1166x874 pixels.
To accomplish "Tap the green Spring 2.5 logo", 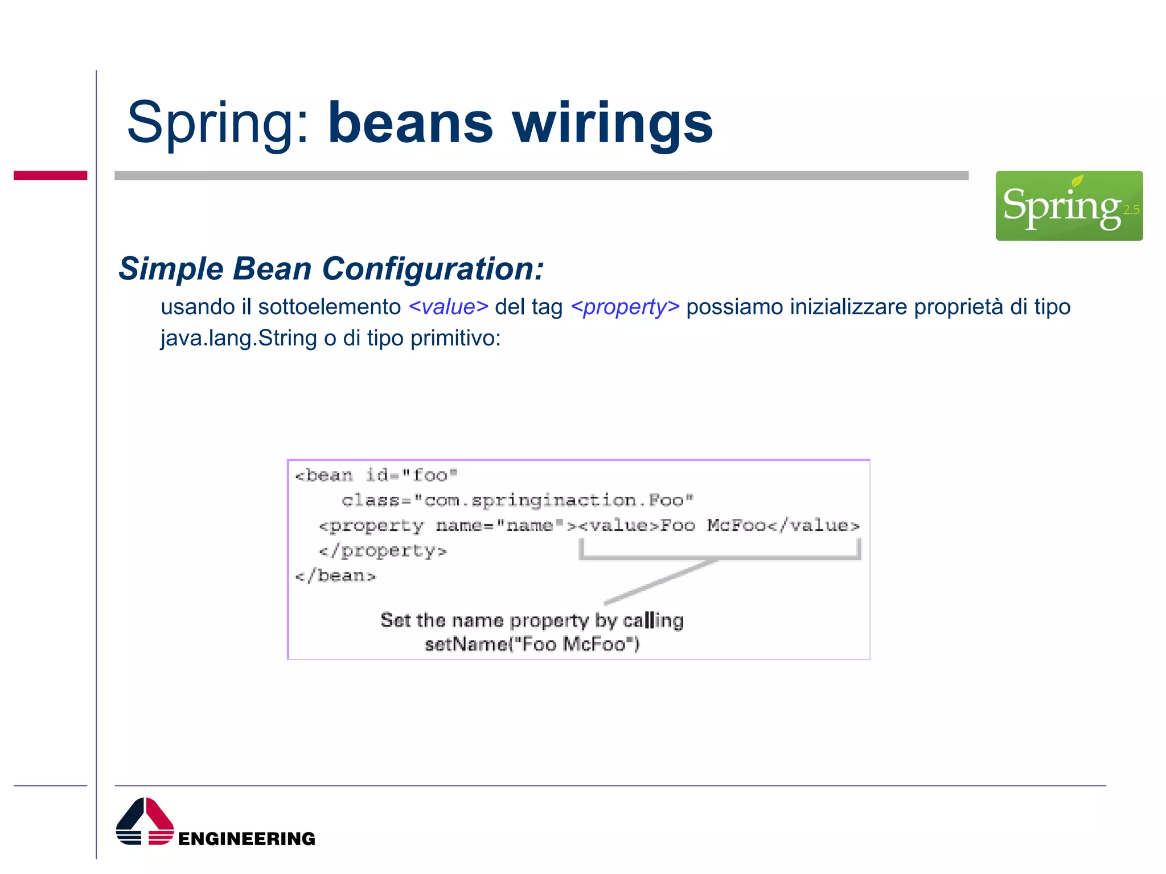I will [x=1069, y=205].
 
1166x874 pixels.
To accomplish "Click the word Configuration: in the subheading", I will [x=433, y=269].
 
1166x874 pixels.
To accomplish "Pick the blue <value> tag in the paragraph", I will [x=448, y=307].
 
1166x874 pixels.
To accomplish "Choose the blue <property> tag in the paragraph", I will [x=625, y=307].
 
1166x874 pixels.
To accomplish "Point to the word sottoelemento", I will [x=329, y=307].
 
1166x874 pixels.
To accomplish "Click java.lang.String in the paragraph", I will [x=239, y=339].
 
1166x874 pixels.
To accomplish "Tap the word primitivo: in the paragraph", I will [x=455, y=339].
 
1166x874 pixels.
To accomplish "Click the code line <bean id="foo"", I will [x=376, y=475].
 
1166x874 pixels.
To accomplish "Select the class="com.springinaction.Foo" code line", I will [x=517, y=500].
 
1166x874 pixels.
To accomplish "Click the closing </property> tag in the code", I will [x=383, y=551].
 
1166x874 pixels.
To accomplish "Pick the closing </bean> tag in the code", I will [x=335, y=576].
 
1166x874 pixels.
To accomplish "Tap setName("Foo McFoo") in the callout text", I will [x=532, y=644].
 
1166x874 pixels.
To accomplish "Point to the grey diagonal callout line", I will [x=660, y=582].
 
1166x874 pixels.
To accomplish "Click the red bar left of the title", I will [x=50, y=175].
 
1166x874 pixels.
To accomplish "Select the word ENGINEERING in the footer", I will [x=247, y=839].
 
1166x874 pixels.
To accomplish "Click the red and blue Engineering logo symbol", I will [x=145, y=822].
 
